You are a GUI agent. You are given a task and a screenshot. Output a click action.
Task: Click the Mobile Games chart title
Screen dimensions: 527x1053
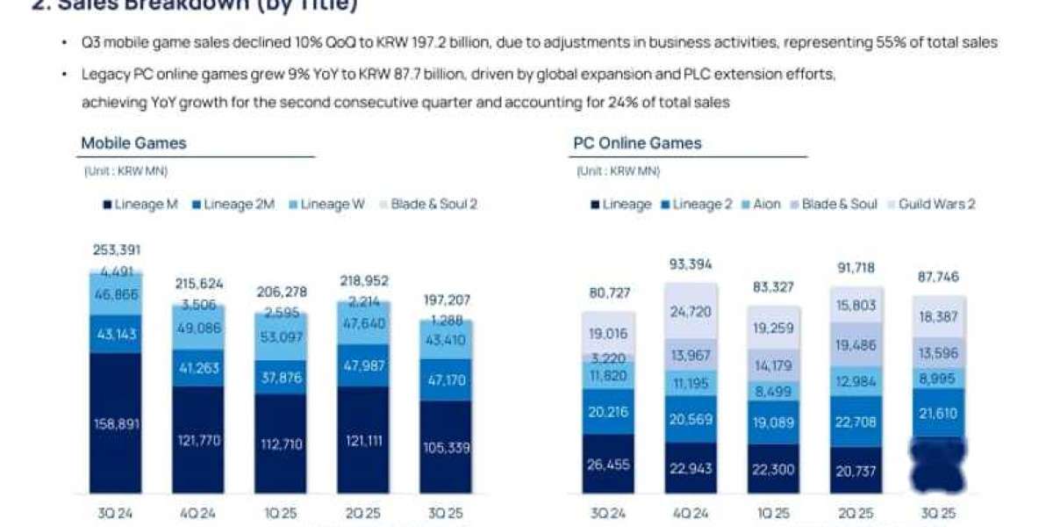tap(133, 143)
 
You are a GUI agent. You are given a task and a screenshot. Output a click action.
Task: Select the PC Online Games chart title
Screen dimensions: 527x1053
tap(637, 143)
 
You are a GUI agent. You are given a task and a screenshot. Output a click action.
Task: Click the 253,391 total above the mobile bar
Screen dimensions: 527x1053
tap(116, 249)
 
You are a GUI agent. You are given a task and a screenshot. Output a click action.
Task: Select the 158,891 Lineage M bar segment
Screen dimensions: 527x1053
tap(116, 423)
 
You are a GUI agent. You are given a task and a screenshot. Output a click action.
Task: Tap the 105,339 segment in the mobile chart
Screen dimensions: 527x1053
tap(445, 447)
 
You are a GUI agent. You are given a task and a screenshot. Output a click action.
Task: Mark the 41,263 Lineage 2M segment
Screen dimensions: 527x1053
tap(198, 369)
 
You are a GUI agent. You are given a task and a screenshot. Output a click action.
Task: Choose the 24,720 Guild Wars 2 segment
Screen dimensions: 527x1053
tap(691, 311)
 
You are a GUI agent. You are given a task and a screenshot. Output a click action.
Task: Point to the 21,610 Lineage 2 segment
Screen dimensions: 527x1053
tap(937, 412)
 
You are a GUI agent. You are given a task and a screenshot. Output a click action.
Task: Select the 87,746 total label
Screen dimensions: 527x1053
tap(937, 277)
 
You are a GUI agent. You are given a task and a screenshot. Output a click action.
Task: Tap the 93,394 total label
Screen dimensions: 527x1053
tap(691, 263)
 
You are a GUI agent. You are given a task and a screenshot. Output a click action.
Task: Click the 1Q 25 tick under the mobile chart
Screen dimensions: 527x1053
tap(281, 513)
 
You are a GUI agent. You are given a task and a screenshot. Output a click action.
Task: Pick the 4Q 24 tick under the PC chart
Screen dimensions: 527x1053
tap(691, 513)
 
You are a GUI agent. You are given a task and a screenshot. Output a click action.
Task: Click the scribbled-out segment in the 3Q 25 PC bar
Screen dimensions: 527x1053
tap(937, 464)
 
